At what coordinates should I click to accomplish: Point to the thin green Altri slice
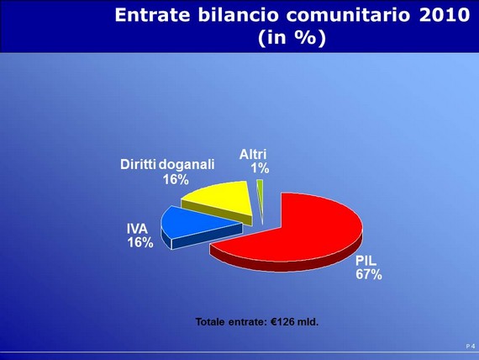(x=261, y=196)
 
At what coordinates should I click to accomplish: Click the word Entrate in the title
(x=152, y=14)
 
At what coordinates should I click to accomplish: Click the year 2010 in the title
(x=445, y=14)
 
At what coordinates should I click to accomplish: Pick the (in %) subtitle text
(x=292, y=38)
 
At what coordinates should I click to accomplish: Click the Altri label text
(x=253, y=155)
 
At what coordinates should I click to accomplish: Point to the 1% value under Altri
(x=260, y=168)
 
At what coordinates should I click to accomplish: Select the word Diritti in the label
(x=139, y=165)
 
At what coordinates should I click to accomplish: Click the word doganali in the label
(x=187, y=165)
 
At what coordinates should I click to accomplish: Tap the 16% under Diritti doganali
(x=176, y=179)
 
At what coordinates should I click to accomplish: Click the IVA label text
(x=138, y=229)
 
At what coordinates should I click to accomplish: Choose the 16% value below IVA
(x=140, y=242)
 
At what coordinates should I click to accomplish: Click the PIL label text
(x=366, y=262)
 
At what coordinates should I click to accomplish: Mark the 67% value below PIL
(x=369, y=274)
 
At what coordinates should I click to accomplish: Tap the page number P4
(x=471, y=347)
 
